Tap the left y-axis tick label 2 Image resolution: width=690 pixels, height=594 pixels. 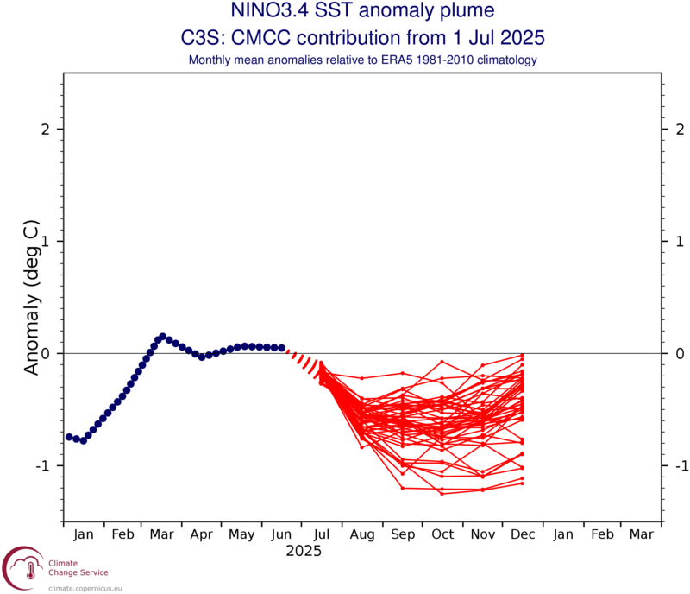coord(46,130)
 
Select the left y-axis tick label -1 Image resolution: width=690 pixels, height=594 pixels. coord(42,466)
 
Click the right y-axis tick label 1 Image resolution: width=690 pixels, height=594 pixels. coord(680,242)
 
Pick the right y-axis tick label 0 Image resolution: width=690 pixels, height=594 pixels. coord(680,354)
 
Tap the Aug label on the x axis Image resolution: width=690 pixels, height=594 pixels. coord(363,535)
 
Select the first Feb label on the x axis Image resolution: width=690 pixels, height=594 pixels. coord(124,535)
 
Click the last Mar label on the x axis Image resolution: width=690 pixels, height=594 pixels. coord(641,535)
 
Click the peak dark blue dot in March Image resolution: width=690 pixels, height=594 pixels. coord(162,336)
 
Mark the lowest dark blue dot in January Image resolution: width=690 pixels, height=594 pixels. coord(83,440)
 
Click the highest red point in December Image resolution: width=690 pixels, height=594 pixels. coord(522,356)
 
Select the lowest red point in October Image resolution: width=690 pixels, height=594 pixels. coord(442,493)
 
